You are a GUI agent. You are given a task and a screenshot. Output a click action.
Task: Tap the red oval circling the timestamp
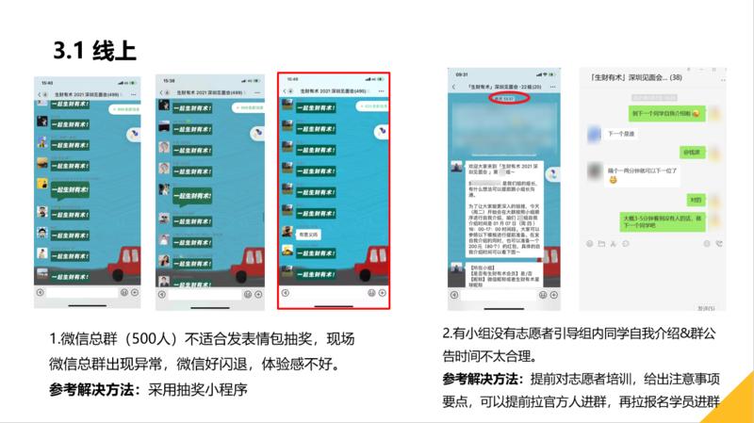pyautogui.click(x=510, y=98)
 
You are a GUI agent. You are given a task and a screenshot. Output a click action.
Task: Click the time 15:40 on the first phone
pyautogui.click(x=44, y=82)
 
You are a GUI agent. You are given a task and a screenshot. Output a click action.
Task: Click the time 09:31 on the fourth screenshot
pyautogui.click(x=462, y=73)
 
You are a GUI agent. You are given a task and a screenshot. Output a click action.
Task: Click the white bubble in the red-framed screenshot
pyautogui.click(x=309, y=233)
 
